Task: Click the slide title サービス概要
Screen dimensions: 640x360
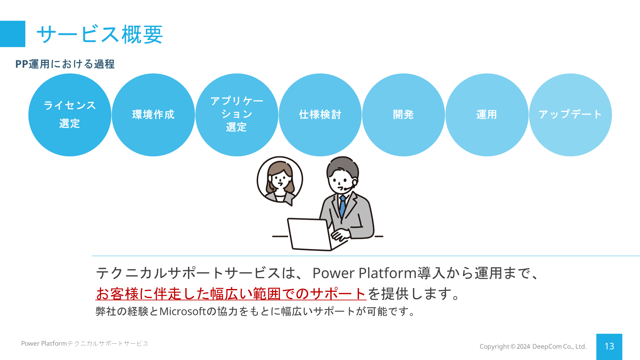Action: coord(100,34)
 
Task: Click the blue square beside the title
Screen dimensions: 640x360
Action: coord(13,34)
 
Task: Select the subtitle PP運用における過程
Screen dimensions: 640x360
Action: coord(65,64)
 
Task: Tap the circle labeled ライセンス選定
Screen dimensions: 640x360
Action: coord(70,115)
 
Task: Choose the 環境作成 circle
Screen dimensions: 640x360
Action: coord(153,115)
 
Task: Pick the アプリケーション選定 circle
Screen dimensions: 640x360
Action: coord(237,115)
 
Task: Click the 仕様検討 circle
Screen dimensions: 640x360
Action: coord(320,115)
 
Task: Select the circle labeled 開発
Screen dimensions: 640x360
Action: coord(403,115)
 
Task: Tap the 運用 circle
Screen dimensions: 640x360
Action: coord(487,115)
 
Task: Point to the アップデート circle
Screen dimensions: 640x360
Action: coord(570,115)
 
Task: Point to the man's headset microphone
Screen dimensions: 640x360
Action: coord(348,188)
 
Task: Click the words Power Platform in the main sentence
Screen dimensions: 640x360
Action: coord(365,273)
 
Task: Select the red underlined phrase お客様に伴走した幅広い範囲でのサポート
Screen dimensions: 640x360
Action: coord(231,294)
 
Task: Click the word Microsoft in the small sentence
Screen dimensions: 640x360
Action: coord(183,311)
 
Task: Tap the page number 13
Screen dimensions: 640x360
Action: coord(609,346)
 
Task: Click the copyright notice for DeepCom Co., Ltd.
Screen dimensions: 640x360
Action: coord(533,346)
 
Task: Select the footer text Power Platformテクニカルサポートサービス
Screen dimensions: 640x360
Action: coord(85,343)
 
